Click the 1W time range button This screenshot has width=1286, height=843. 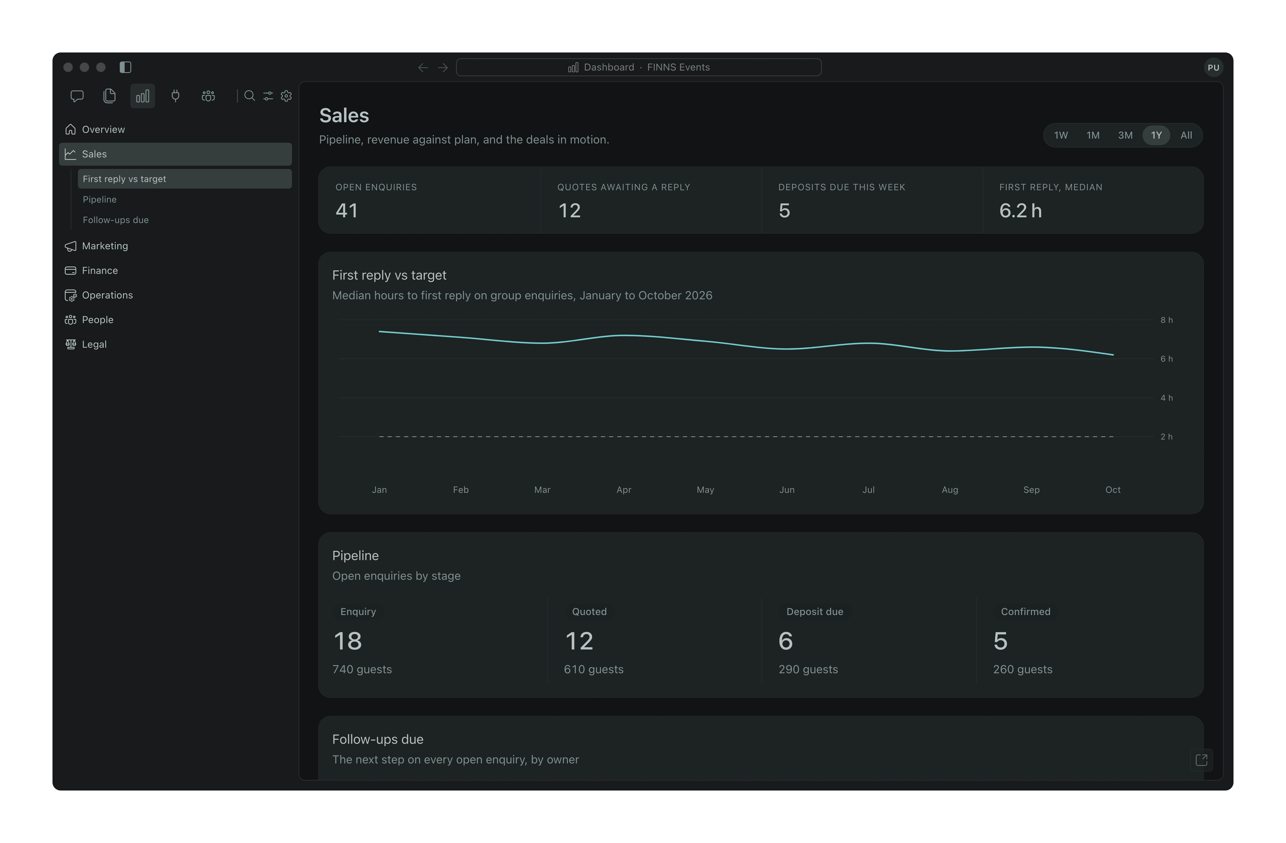[x=1061, y=135]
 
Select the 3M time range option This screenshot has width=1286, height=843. [x=1125, y=135]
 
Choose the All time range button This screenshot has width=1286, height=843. [x=1186, y=135]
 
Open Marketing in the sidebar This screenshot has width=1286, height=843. [x=105, y=246]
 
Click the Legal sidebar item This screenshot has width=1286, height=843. [x=94, y=344]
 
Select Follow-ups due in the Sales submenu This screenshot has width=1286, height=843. [x=116, y=220]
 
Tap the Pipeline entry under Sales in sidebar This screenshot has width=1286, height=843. [x=100, y=199]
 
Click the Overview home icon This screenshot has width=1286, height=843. [x=70, y=129]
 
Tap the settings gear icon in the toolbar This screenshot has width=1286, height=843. [x=287, y=96]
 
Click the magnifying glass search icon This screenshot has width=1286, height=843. [x=249, y=96]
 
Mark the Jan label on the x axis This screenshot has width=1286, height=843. [x=379, y=490]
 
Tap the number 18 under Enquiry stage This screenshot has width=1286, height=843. [x=347, y=641]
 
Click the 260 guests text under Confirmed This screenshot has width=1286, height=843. [x=1022, y=669]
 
